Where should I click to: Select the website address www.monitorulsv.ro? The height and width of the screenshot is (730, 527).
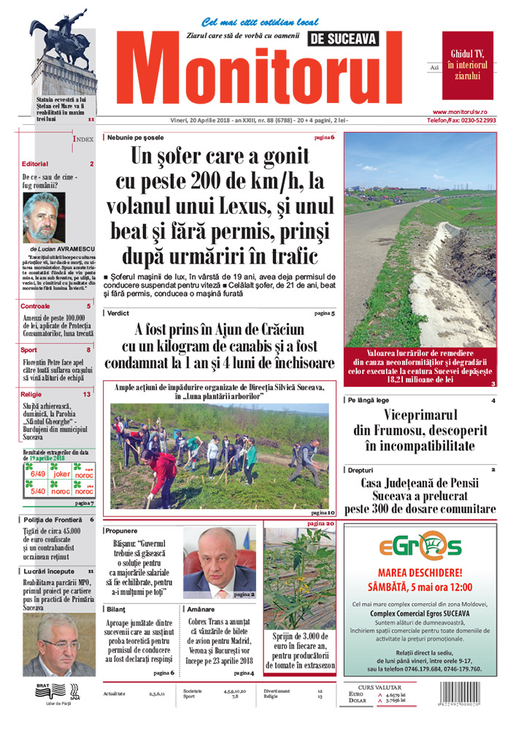pyautogui.click(x=469, y=110)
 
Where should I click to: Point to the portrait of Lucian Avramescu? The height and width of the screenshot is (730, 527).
pyautogui.click(x=43, y=218)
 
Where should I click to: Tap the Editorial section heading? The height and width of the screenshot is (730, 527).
pyautogui.click(x=35, y=164)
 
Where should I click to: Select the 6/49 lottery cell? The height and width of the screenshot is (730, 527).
pyautogui.click(x=35, y=473)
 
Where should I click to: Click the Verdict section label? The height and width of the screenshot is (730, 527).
pyautogui.click(x=118, y=312)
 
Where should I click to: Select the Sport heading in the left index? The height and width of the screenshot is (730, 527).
pyautogui.click(x=30, y=350)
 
